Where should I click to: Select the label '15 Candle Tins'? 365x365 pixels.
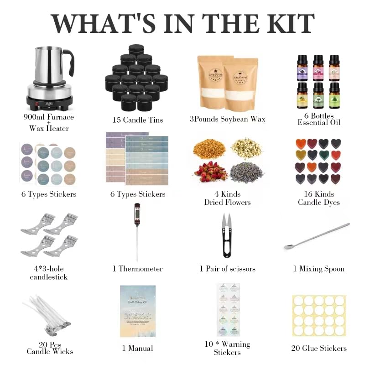pos(137,120)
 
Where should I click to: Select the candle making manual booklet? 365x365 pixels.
pos(137,311)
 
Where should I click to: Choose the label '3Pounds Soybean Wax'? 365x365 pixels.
pos(227,120)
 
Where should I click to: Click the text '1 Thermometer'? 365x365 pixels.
pos(137,269)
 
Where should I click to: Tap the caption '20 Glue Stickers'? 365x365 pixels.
pos(318,348)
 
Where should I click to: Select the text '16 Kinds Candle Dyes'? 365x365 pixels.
pos(318,198)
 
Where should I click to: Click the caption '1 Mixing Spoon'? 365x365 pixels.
pos(318,269)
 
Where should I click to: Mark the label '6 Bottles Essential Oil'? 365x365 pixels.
pos(318,119)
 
